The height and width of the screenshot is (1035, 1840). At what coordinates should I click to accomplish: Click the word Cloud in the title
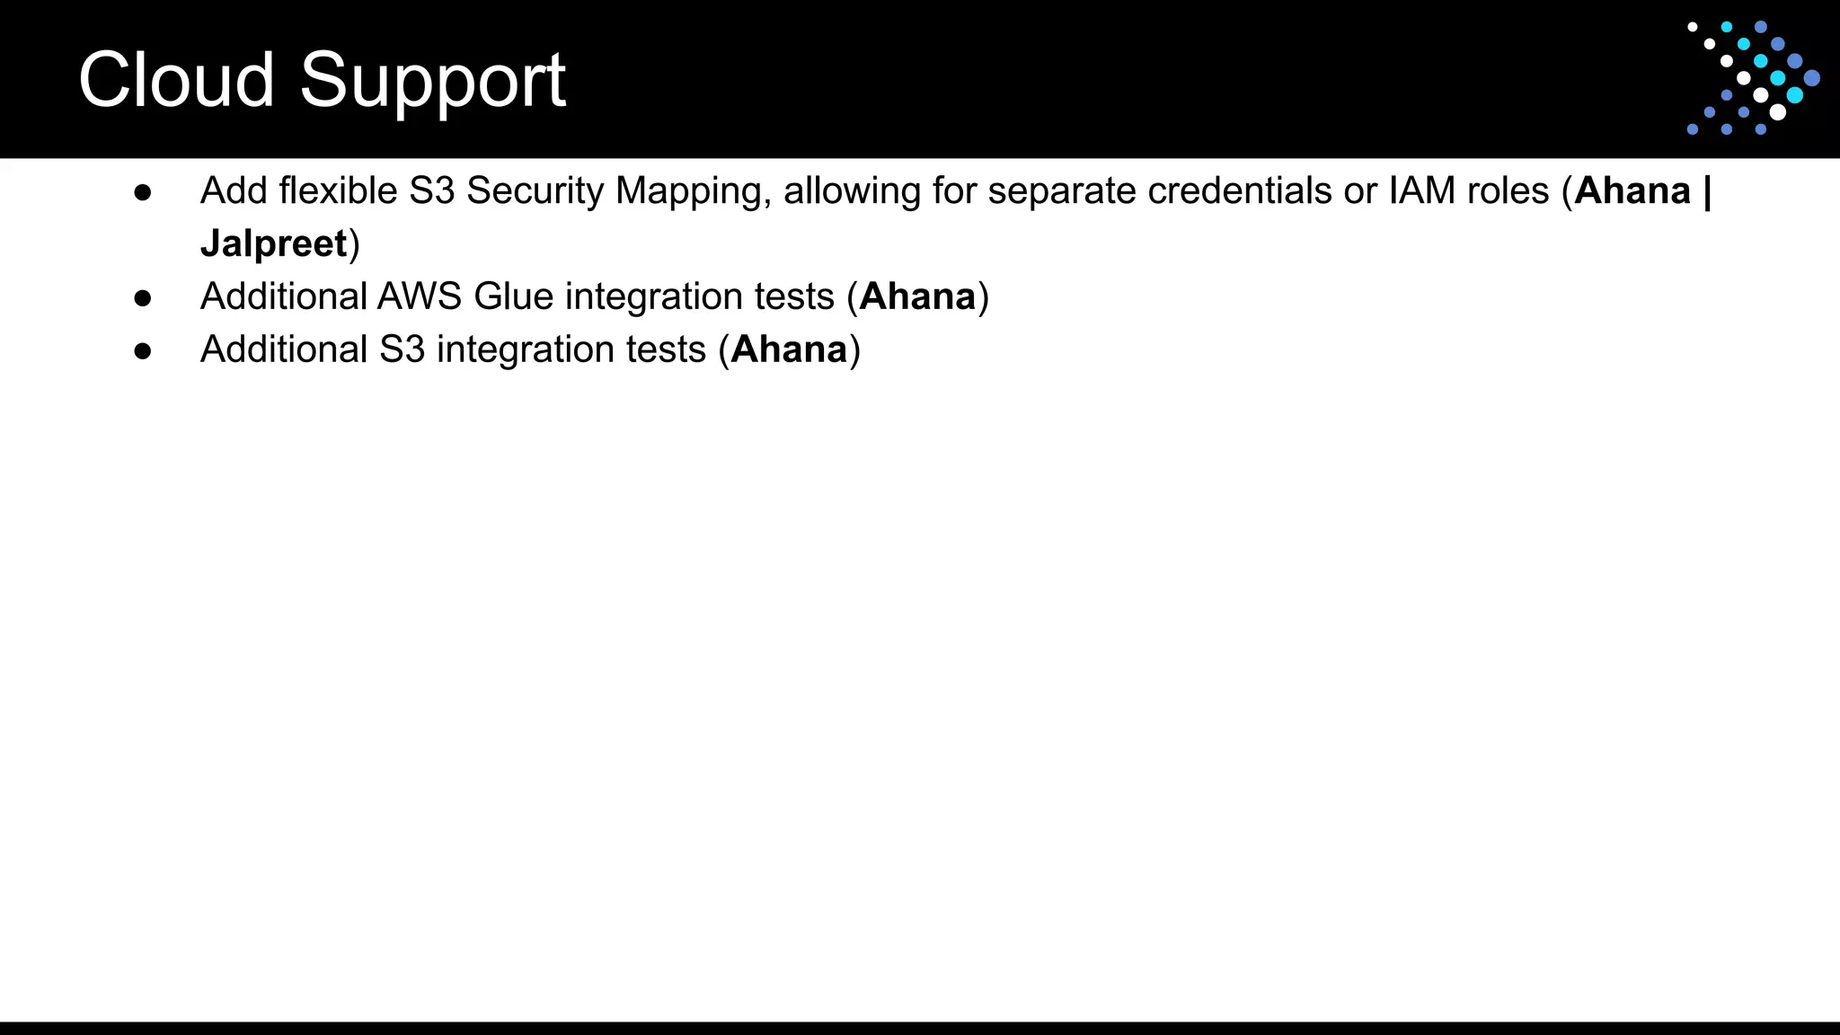176,80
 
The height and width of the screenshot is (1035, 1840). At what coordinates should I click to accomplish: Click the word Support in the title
432,82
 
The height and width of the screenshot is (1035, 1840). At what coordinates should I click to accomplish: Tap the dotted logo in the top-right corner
1752,78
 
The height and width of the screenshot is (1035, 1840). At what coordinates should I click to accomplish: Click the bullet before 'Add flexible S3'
142,191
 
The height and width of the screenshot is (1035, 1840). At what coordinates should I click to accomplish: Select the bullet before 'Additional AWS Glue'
142,297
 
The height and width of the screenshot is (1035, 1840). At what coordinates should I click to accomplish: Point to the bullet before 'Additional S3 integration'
142,350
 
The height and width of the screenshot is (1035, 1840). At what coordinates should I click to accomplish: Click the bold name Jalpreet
273,243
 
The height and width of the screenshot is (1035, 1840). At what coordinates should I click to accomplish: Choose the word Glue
513,296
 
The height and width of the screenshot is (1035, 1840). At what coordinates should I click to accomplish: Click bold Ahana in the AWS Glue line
917,296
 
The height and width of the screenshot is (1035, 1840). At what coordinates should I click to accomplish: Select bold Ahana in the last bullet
789,349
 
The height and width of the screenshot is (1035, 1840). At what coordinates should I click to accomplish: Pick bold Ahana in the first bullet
1632,191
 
